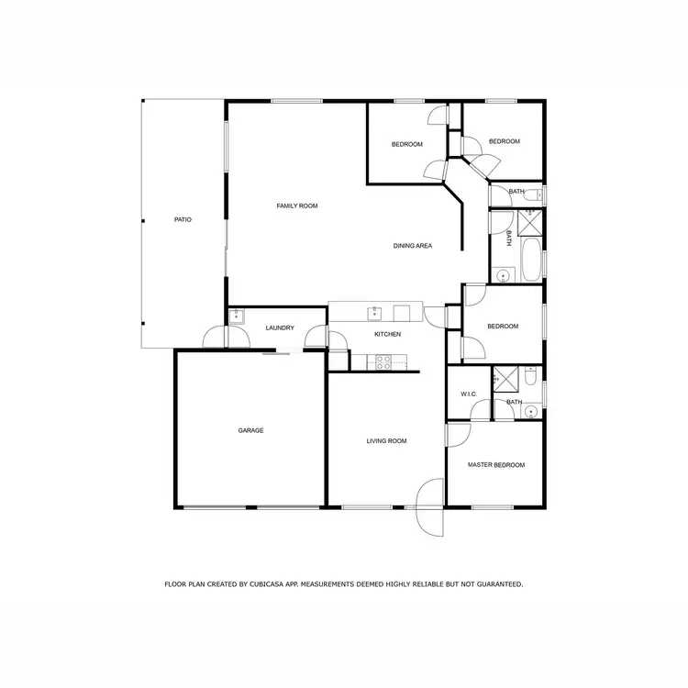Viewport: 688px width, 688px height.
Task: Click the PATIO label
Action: (183, 219)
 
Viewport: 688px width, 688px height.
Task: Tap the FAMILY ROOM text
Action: (296, 205)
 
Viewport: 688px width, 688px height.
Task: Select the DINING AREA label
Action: (413, 246)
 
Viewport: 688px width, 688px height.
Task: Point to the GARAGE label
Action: (251, 430)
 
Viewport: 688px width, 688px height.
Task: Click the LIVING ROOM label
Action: (386, 441)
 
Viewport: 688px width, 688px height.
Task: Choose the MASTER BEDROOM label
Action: (496, 465)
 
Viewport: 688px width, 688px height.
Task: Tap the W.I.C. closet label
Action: (469, 394)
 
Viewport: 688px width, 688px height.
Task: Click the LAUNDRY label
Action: (280, 328)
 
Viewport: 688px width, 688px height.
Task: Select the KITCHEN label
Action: (387, 335)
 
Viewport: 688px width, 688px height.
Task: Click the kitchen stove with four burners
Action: (383, 362)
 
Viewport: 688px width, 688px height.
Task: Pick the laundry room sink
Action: (236, 316)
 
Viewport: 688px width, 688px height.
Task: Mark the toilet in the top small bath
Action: (539, 194)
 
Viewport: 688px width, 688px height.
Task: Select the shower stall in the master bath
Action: (505, 379)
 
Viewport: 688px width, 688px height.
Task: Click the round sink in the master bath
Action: (530, 412)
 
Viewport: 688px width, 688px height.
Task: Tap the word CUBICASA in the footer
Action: (275, 583)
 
